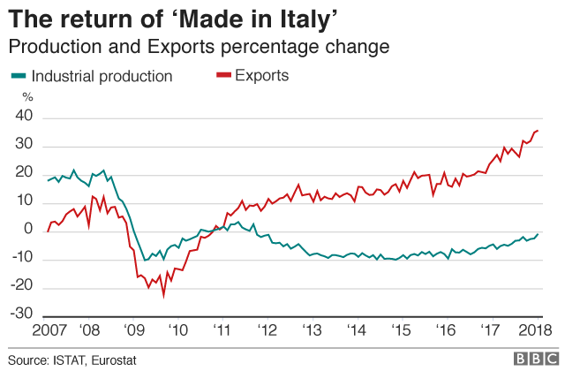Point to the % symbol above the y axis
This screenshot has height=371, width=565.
pos(26,96)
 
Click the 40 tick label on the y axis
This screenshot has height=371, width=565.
pos(24,117)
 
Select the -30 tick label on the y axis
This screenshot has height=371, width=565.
pos(21,315)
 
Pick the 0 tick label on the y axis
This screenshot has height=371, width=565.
pos(28,231)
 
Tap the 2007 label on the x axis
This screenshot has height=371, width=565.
pos(48,330)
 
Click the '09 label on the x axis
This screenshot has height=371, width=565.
pos(133,330)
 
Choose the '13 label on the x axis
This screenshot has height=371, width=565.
pos(312,330)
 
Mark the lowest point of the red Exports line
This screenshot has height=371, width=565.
pos(163,296)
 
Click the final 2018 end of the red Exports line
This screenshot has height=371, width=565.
pos(539,131)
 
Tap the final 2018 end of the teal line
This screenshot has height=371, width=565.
pos(539,234)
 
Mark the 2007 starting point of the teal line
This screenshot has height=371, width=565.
pos(49,180)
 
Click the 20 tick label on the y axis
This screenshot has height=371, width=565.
pos(24,173)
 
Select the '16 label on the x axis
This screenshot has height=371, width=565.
pos(447,330)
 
